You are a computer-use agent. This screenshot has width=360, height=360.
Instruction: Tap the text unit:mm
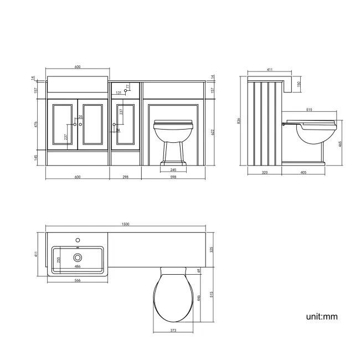[x=321, y=317]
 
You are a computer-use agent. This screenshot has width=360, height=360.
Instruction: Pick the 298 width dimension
[x=126, y=177]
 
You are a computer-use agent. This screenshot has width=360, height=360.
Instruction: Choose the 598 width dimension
[x=173, y=177]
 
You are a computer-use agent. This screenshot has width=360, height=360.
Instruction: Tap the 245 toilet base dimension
[x=173, y=169]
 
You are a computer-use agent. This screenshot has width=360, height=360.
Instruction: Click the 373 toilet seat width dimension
[x=173, y=331]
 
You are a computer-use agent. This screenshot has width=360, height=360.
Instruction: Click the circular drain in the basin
[x=78, y=257]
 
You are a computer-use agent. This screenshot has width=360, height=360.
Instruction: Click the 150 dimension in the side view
[x=299, y=84]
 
